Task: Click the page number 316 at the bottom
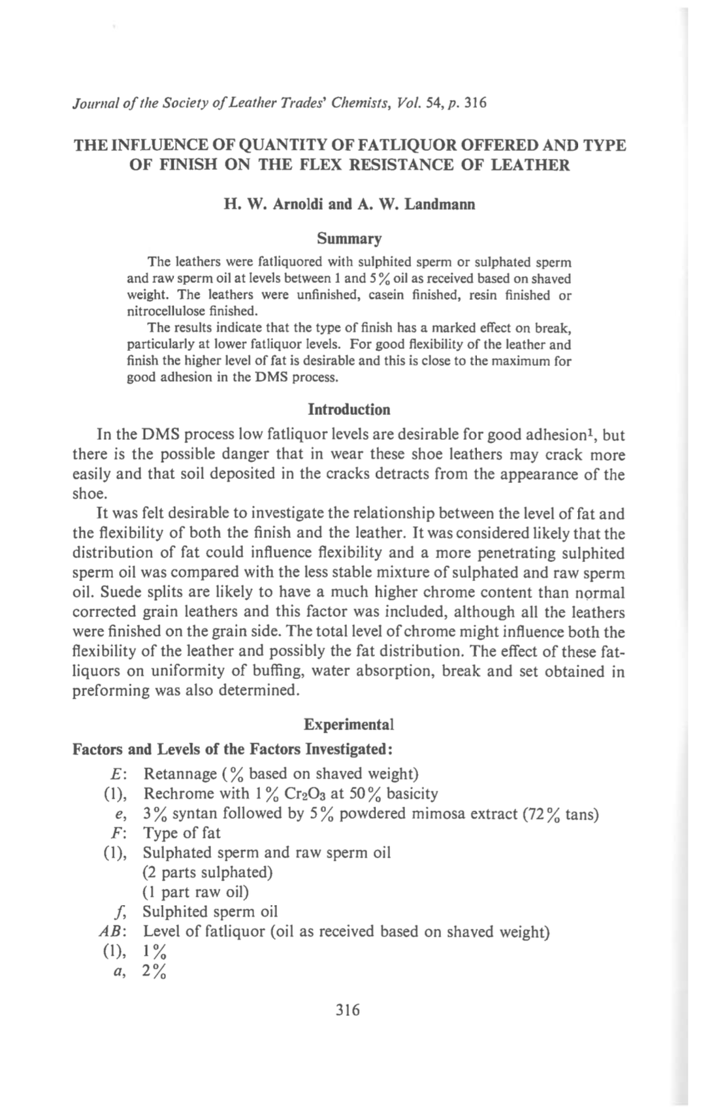(348, 1010)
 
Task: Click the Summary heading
(350, 239)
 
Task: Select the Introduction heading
(349, 410)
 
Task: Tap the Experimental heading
(349, 725)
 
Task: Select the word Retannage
(180, 774)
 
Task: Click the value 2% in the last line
(154, 972)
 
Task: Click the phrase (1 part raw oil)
(195, 892)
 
